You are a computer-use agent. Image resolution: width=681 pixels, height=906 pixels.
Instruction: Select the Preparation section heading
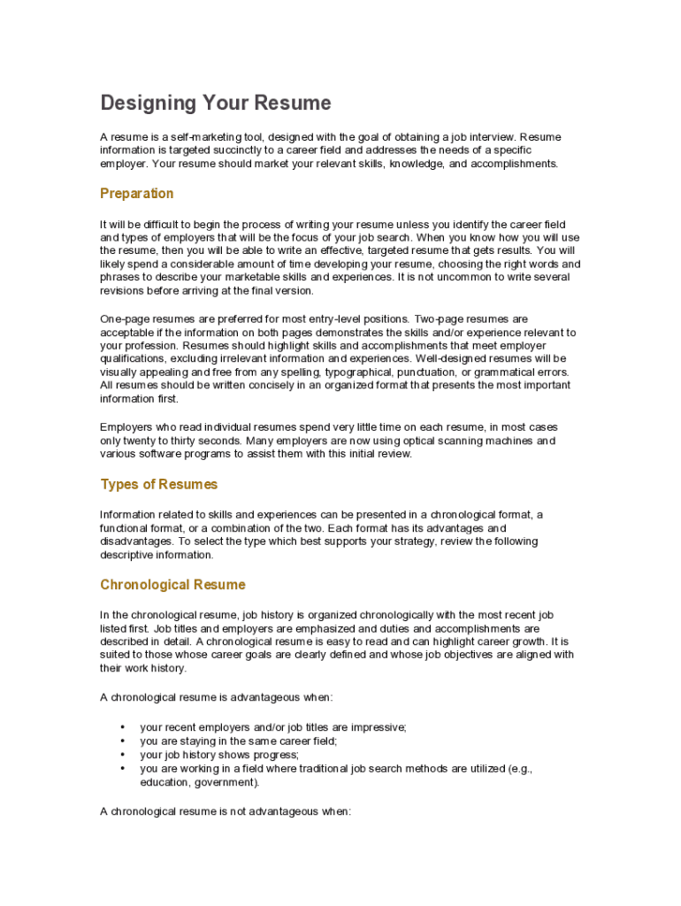pyautogui.click(x=137, y=194)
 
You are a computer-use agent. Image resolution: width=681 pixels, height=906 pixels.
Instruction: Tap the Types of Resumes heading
pyautogui.click(x=159, y=485)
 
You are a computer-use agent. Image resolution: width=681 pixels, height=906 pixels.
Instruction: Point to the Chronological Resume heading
pyautogui.click(x=172, y=585)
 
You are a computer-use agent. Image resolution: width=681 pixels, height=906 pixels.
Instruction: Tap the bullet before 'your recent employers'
pyautogui.click(x=123, y=727)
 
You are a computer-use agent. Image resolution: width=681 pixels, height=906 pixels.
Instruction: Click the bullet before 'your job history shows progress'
pyautogui.click(x=123, y=756)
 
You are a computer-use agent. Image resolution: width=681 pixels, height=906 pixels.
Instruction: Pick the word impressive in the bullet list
pyautogui.click(x=379, y=727)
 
